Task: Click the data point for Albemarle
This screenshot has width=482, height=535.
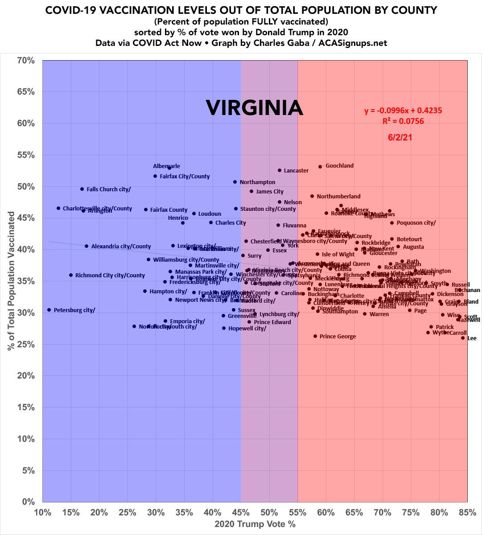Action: tap(169, 168)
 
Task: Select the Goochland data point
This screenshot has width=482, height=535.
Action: tap(320, 167)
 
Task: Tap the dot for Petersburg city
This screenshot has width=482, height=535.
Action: tap(49, 310)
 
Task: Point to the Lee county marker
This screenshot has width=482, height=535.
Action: tap(463, 338)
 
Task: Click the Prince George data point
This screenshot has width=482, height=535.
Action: tap(315, 336)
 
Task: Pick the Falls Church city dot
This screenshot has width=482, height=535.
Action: tap(82, 189)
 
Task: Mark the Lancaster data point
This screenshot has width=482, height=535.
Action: tap(280, 170)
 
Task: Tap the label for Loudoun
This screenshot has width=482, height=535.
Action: tap(210, 214)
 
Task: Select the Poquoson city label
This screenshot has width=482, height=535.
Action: tap(416, 223)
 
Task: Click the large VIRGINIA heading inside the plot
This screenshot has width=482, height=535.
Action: tap(254, 108)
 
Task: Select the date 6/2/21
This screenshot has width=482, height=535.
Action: tap(400, 138)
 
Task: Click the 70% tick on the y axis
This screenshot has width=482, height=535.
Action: tap(26, 60)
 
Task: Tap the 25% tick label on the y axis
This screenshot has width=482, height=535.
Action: tap(26, 344)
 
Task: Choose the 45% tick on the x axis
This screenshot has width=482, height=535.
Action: tap(241, 512)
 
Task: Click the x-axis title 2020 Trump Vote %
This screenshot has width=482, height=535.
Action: tap(255, 524)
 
